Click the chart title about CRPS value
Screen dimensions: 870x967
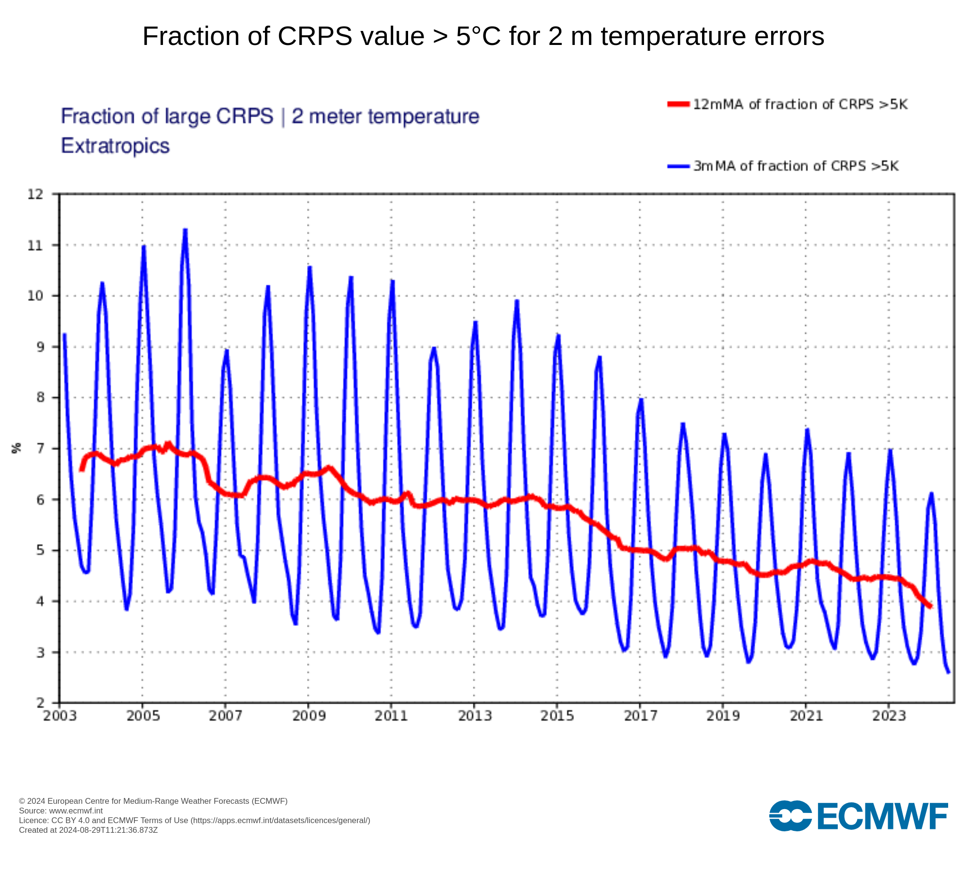click(483, 36)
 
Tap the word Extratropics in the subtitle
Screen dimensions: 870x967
click(115, 146)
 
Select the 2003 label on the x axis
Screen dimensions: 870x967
click(60, 716)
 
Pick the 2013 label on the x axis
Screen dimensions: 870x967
click(474, 716)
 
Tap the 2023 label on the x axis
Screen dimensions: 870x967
click(889, 716)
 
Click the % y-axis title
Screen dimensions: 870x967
click(17, 448)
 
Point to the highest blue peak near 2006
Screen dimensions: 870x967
click(185, 230)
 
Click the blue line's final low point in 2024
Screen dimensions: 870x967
click(948, 672)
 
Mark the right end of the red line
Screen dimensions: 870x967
click(930, 606)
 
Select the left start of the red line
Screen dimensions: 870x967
click(82, 470)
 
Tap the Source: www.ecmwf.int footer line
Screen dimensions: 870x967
click(61, 811)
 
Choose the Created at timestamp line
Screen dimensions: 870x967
click(88, 830)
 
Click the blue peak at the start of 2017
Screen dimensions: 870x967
click(641, 399)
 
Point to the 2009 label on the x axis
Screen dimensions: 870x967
click(308, 716)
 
